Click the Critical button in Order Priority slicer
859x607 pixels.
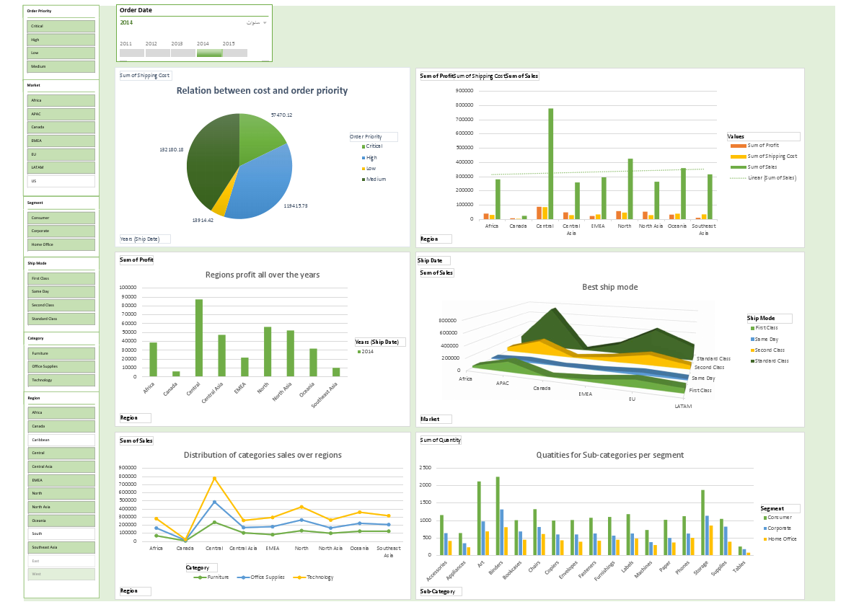pyautogui.click(x=61, y=26)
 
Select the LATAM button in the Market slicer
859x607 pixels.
pyautogui.click(x=61, y=168)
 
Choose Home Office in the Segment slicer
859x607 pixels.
pyautogui.click(x=61, y=244)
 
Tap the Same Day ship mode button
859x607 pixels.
pyautogui.click(x=61, y=291)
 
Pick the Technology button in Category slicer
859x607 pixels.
pyautogui.click(x=61, y=380)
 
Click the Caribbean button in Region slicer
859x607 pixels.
pyautogui.click(x=61, y=440)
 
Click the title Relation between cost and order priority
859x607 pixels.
pyautogui.click(x=262, y=91)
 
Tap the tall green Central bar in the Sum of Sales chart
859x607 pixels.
pyautogui.click(x=551, y=164)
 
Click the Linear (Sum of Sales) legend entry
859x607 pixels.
pyautogui.click(x=771, y=177)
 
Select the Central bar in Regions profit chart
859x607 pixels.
pyautogui.click(x=198, y=337)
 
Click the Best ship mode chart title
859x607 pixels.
pyautogui.click(x=609, y=287)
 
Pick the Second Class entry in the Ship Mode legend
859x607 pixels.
pyautogui.click(x=770, y=350)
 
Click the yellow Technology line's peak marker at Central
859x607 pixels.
pyautogui.click(x=214, y=479)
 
